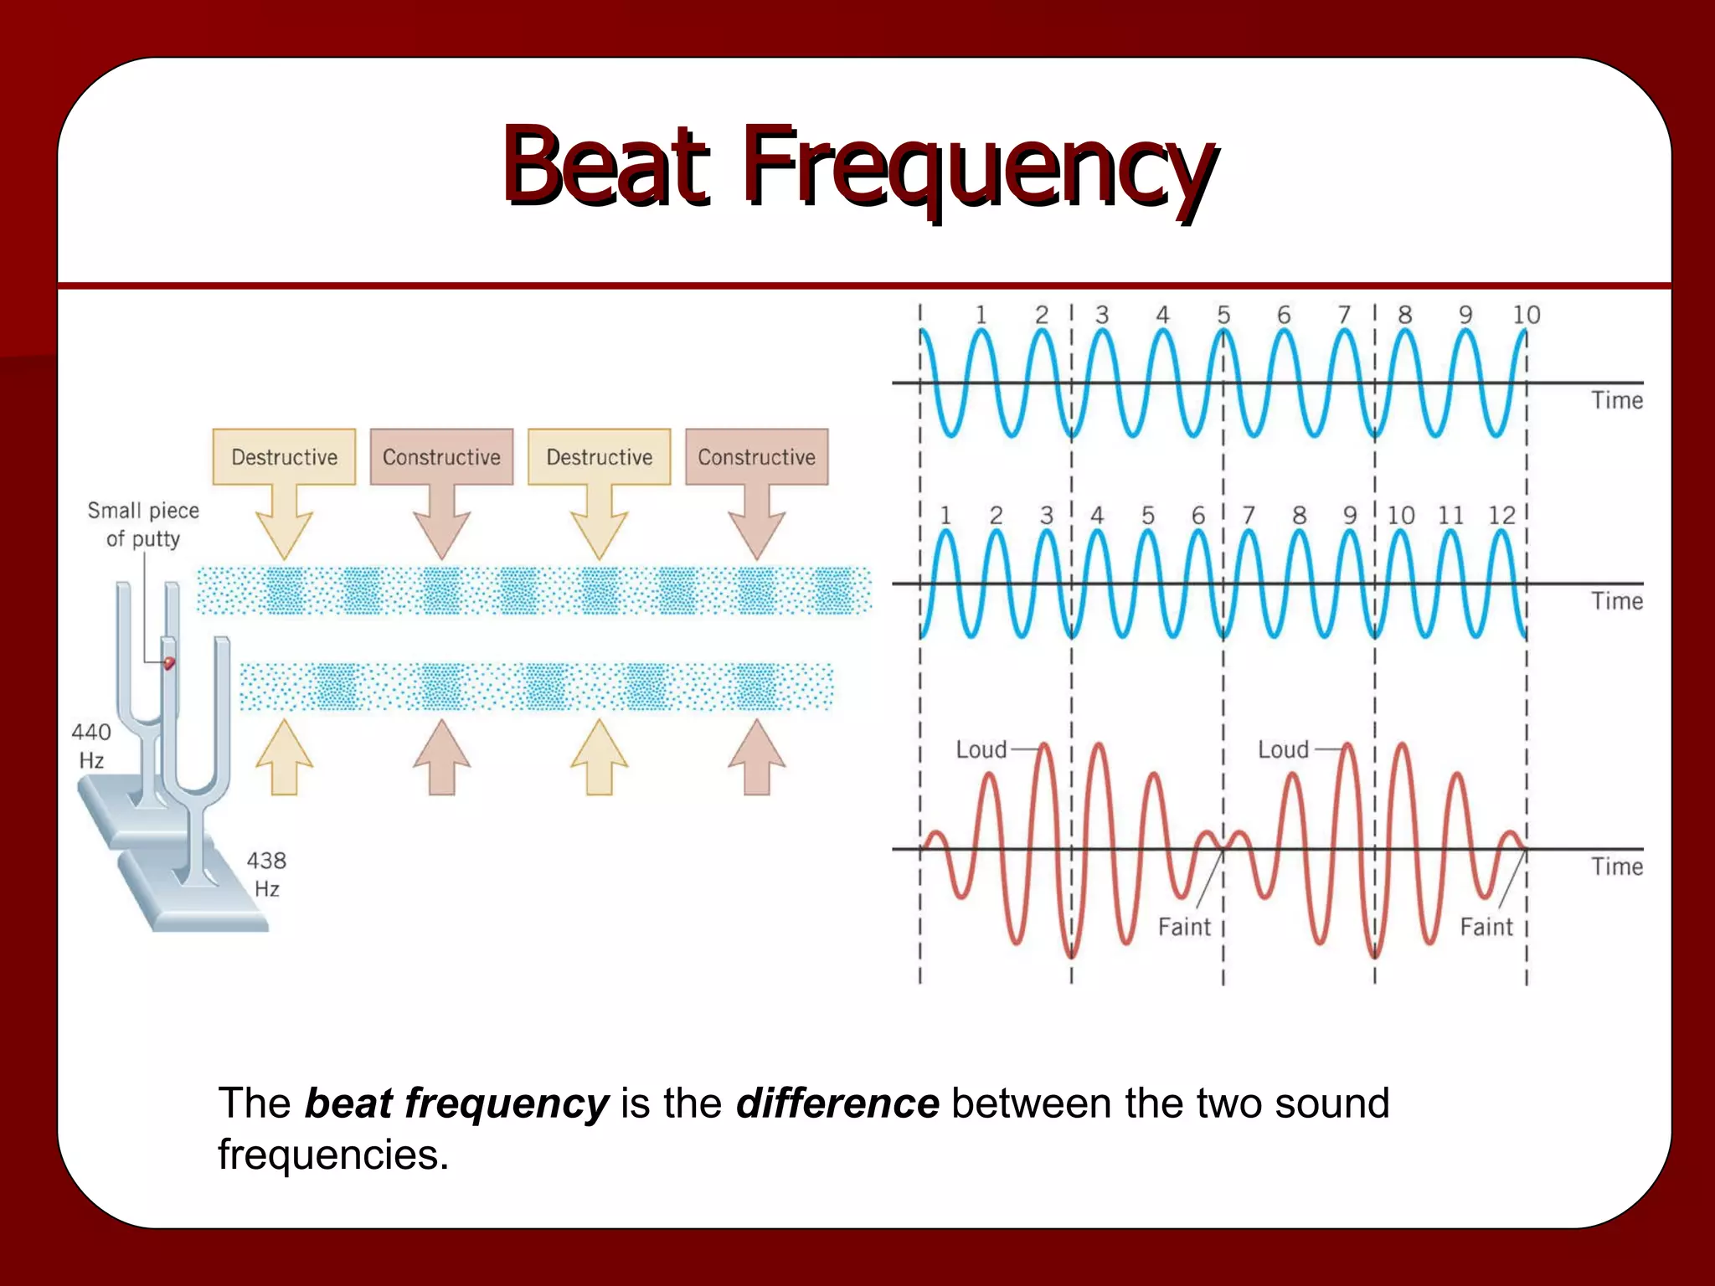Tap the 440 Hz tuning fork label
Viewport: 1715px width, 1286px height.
click(91, 745)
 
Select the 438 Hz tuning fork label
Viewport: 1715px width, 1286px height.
click(266, 874)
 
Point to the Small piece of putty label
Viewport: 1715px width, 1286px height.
click(143, 524)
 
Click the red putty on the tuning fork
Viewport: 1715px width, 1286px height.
click(169, 663)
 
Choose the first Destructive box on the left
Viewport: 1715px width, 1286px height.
click(284, 457)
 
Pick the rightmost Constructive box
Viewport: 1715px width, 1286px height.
click(756, 457)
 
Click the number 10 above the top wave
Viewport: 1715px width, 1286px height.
click(1526, 315)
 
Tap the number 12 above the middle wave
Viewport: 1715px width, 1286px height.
click(1501, 515)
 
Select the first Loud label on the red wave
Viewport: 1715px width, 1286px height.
click(981, 749)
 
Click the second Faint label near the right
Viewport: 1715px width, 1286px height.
click(1486, 927)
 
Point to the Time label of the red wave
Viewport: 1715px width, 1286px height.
click(1617, 867)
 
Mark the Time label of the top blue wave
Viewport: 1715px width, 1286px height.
click(1617, 400)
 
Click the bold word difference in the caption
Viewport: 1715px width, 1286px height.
click(837, 1103)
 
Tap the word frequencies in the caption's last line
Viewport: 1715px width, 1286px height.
click(333, 1155)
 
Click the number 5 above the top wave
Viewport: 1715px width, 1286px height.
click(1223, 315)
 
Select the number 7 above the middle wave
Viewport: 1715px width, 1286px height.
click(1248, 515)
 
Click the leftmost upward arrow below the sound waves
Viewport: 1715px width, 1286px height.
click(284, 757)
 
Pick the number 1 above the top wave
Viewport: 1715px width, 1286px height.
click(981, 315)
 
